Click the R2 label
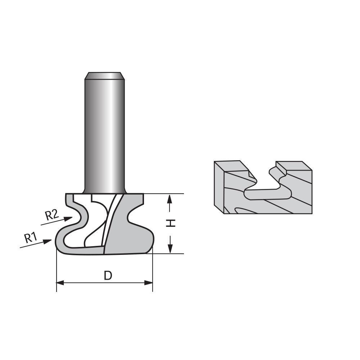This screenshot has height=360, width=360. point(51,215)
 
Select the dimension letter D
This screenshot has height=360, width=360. point(108,275)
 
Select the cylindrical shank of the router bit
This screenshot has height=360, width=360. point(105,133)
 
